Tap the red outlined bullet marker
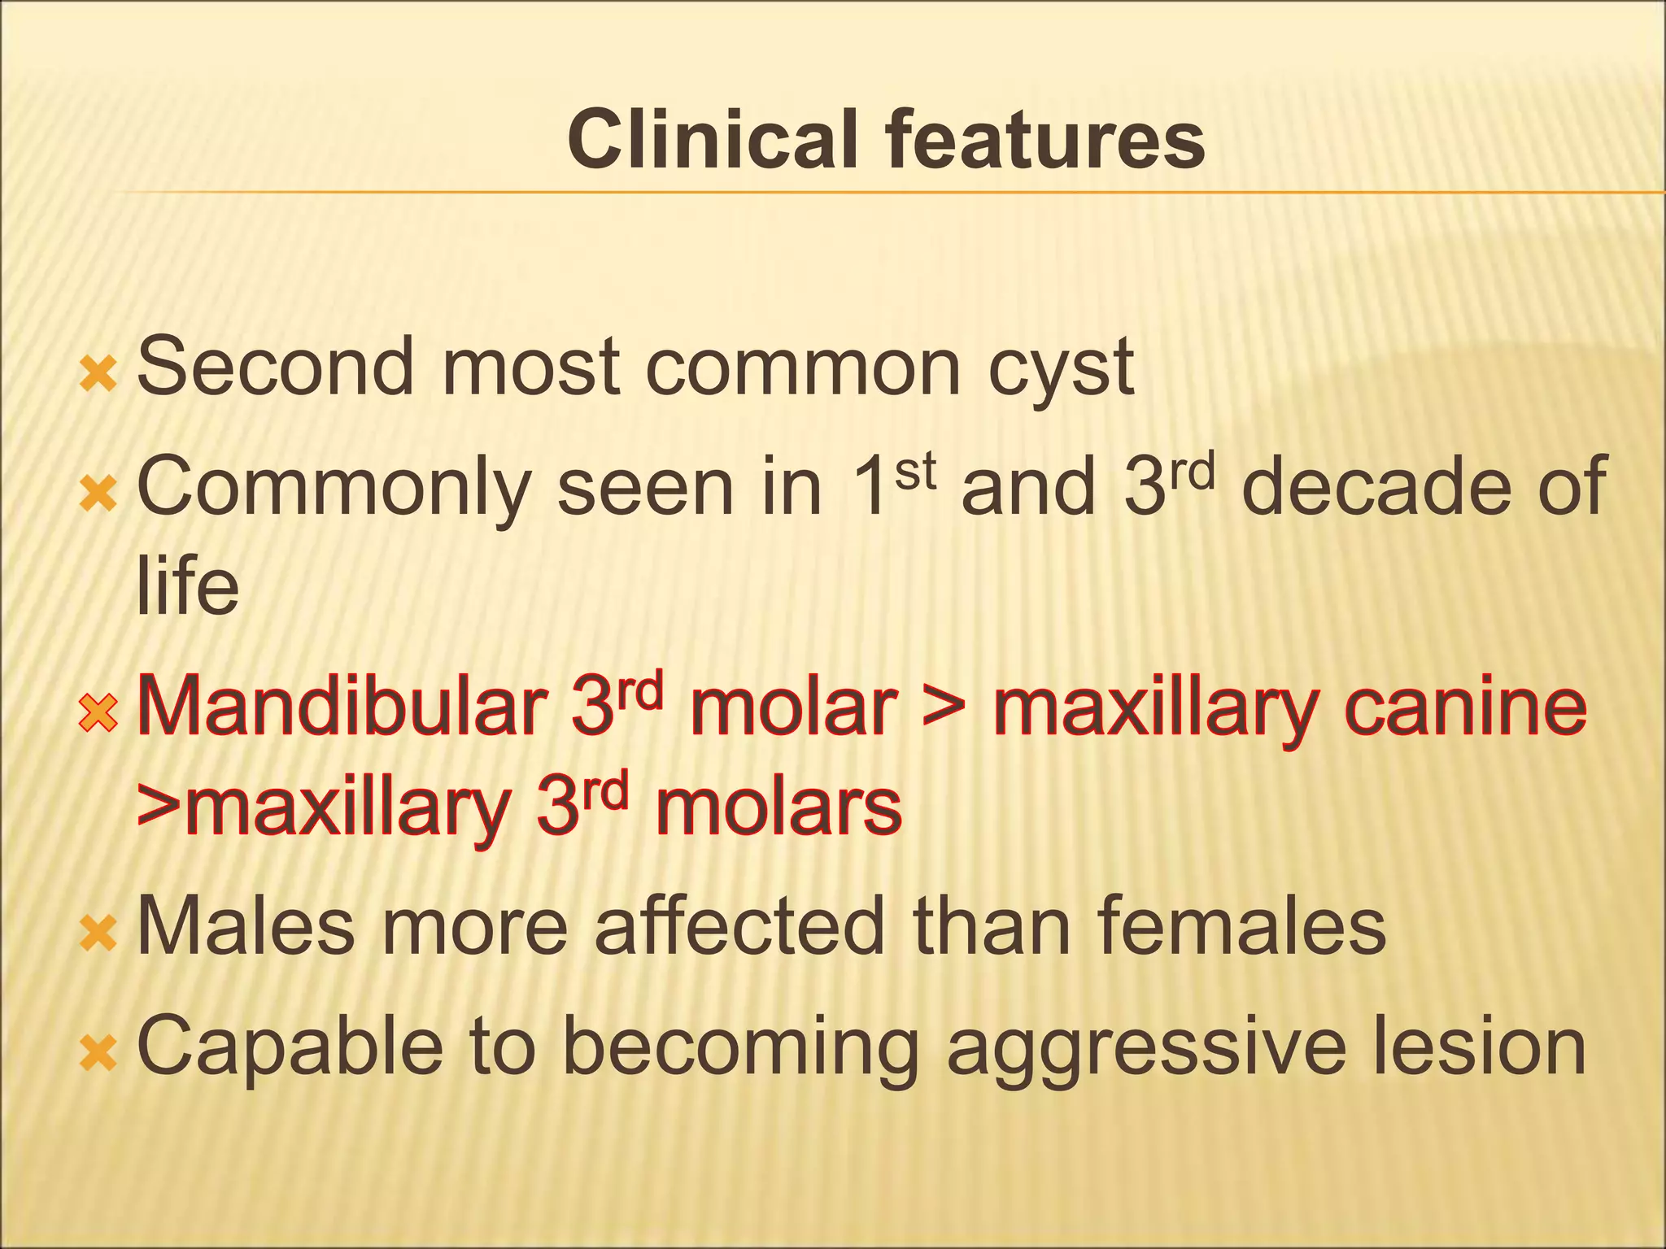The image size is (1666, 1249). pos(98,714)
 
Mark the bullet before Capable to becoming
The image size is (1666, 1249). pos(98,1054)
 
